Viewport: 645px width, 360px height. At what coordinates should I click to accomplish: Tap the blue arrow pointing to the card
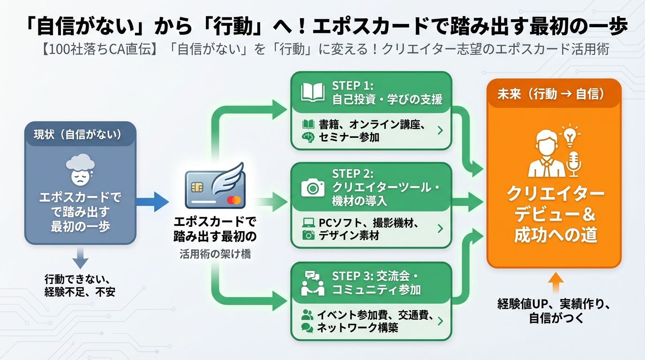[x=153, y=202]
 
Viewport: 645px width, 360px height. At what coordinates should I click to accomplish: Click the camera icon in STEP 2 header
[x=313, y=187]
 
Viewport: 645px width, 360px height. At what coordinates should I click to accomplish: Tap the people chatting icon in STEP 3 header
[x=313, y=283]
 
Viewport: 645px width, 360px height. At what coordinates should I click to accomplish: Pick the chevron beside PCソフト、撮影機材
[x=440, y=228]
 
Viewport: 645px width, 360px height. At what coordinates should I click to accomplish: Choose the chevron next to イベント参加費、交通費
[x=440, y=321]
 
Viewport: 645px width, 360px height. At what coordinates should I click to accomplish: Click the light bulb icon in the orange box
[x=570, y=135]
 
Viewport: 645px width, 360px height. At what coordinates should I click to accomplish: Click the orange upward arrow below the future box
[x=555, y=285]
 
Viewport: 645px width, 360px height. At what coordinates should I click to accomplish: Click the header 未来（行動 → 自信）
[x=554, y=94]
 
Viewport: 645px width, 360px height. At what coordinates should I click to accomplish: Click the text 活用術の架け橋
[x=215, y=254]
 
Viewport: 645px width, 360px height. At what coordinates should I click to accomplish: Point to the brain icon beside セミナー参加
[x=307, y=137]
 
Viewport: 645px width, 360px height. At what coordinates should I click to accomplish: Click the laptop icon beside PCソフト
[x=308, y=222]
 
